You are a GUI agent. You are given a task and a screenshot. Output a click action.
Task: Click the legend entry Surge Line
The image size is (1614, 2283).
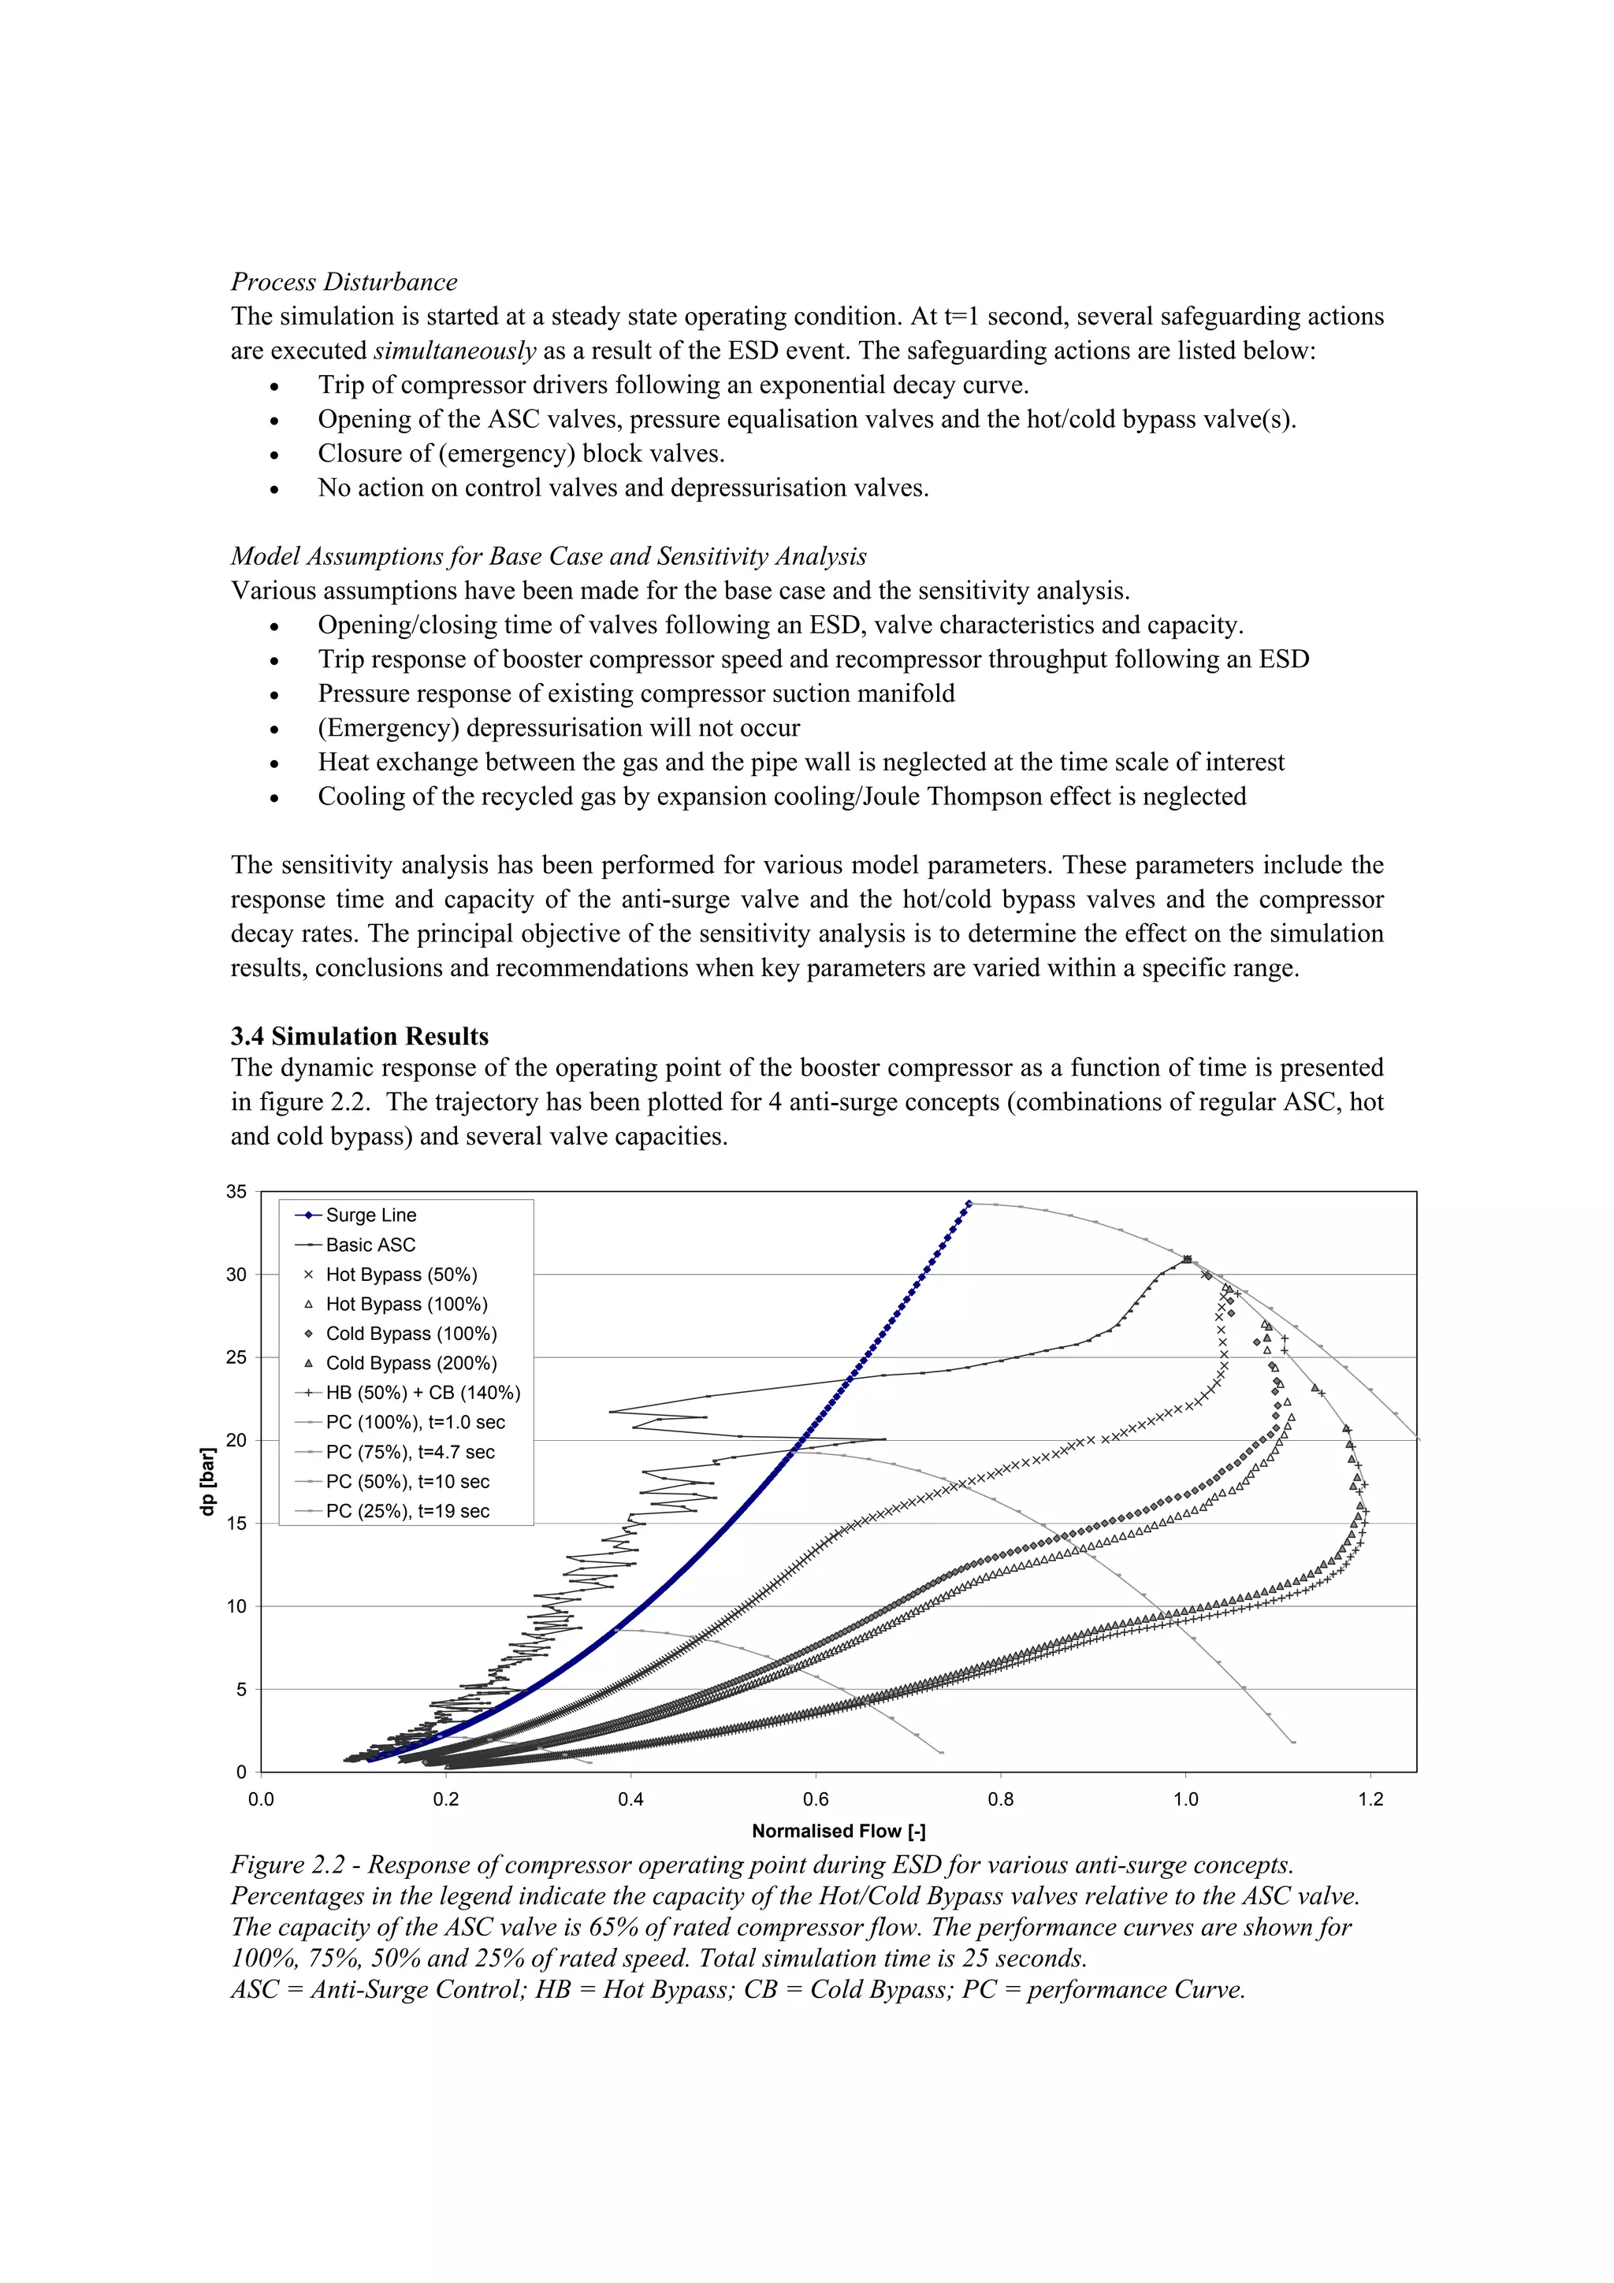tap(370, 1215)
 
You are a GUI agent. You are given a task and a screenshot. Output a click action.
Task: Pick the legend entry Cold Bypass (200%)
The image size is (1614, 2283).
tap(411, 1363)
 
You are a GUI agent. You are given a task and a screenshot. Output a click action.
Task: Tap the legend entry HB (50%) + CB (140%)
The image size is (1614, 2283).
tap(422, 1393)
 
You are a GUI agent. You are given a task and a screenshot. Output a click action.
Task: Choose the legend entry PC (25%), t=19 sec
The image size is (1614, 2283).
tap(407, 1512)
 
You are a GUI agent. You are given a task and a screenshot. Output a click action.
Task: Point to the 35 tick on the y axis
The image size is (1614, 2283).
tap(236, 1191)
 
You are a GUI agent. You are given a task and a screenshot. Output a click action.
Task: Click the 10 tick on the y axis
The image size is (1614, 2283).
tap(236, 1606)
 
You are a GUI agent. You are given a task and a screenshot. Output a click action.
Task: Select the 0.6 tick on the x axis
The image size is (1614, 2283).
tap(816, 1799)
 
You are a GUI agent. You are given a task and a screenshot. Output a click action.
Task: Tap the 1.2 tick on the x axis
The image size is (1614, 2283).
tap(1370, 1799)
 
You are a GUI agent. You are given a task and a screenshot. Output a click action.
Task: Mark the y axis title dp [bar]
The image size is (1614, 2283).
tap(208, 1482)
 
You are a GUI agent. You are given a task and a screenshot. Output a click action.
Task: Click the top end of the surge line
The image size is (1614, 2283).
tap(969, 1203)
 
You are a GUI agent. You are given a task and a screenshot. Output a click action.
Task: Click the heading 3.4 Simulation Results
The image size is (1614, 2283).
tap(359, 1036)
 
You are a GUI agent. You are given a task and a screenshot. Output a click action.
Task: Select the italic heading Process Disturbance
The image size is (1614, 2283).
tap(344, 281)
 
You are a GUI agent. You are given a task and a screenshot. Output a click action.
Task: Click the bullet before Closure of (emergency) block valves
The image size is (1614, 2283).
tap(274, 455)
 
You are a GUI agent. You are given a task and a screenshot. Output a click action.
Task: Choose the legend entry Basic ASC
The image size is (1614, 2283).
tap(370, 1245)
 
